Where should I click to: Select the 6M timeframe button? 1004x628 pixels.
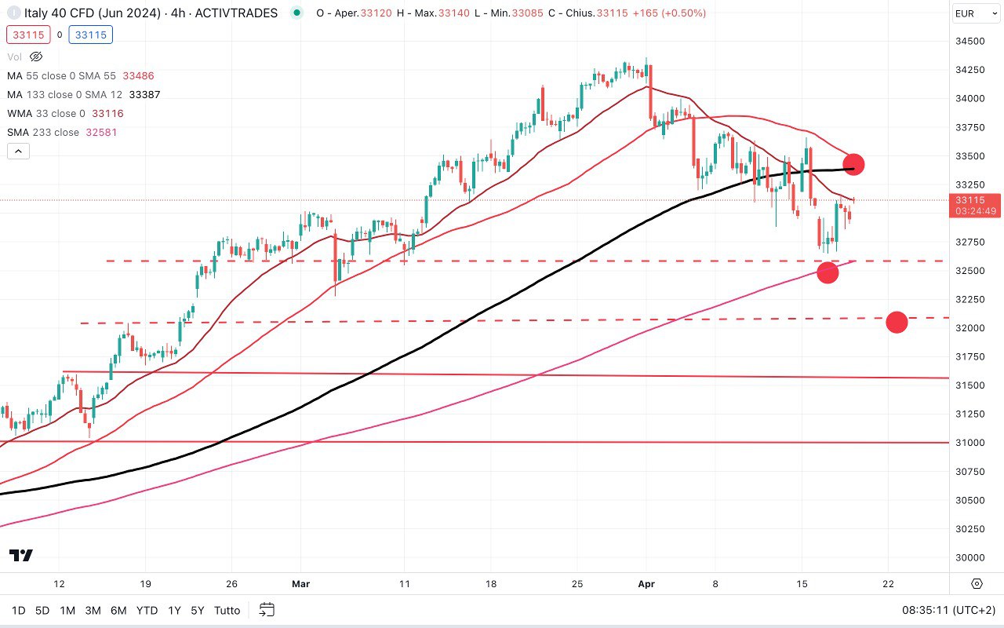click(x=118, y=610)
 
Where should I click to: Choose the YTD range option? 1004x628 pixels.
click(x=147, y=610)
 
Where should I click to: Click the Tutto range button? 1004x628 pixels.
click(x=227, y=610)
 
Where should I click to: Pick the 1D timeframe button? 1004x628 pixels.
click(x=18, y=610)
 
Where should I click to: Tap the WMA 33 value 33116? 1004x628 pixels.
click(x=107, y=113)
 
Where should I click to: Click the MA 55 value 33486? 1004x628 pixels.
click(x=138, y=75)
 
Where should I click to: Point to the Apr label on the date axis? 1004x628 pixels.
click(x=646, y=584)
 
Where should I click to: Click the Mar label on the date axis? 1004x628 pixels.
click(x=300, y=584)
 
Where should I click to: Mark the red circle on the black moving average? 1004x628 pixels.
click(x=853, y=164)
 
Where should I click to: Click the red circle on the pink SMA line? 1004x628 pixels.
click(x=828, y=272)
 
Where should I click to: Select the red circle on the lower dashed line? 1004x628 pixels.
click(x=897, y=322)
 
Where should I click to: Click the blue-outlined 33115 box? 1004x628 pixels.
click(x=91, y=35)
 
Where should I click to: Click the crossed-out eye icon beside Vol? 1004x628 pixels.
click(x=36, y=57)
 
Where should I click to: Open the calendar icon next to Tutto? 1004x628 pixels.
click(x=267, y=610)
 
